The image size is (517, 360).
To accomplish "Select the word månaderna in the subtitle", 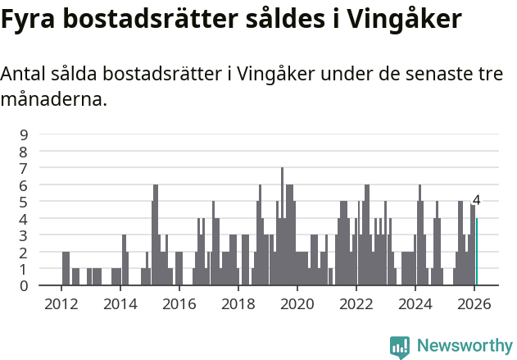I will tap(53, 100).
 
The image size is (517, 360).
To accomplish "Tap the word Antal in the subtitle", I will tap(23, 74).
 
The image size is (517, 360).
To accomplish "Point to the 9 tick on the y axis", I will tap(24, 134).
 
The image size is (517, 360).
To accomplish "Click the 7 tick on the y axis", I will tap(24, 168).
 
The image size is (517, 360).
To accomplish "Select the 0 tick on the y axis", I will tap(24, 285).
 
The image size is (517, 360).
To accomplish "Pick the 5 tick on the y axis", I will tap(24, 202).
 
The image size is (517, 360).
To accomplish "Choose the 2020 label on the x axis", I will tap(297, 303).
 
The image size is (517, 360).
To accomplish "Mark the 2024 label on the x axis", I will tap(415, 303).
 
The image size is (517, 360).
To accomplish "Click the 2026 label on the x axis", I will tap(474, 303).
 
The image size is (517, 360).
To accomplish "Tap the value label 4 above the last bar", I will tap(477, 201).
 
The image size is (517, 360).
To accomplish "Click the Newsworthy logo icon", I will tap(400, 347).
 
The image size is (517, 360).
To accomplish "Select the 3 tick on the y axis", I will tap(24, 235).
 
